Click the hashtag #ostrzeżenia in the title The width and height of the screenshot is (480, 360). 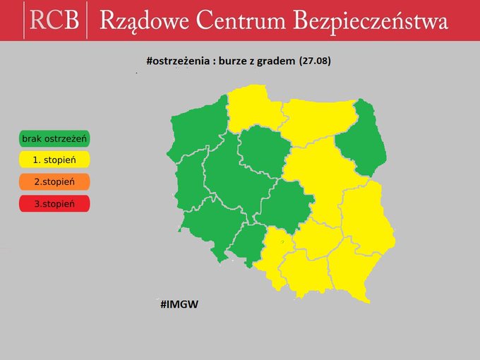[179, 61]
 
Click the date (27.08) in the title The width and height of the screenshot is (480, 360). [315, 61]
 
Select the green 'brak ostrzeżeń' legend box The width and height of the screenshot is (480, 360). [54, 138]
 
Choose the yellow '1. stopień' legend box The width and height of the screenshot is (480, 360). [54, 160]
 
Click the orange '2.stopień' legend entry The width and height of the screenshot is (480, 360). [54, 181]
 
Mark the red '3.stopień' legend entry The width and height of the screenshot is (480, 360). [54, 203]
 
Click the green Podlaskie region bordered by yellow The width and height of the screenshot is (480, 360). [364, 138]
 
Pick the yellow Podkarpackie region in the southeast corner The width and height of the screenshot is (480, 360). [353, 272]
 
